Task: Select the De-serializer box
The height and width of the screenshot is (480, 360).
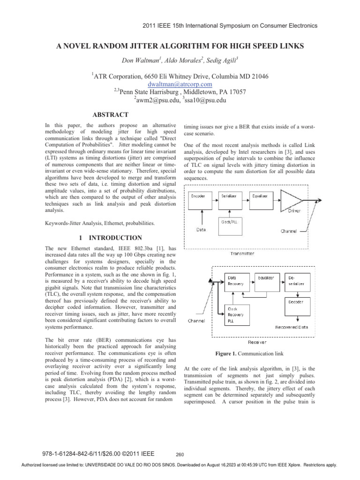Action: coord(295,280)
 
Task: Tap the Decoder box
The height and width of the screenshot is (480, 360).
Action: coord(295,305)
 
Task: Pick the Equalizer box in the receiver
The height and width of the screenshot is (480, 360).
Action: coord(267,280)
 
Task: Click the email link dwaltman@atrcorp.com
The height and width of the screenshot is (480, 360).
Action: coord(180,84)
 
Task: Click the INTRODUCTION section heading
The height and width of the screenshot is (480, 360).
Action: coord(111,238)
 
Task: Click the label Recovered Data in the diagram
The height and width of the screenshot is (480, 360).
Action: coord(292,327)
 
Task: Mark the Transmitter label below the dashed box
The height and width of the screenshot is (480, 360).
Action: coord(242,253)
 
